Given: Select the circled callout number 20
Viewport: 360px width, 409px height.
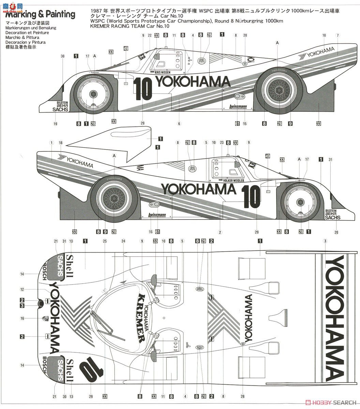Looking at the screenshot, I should pos(336,232).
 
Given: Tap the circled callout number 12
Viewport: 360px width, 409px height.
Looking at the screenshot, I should pos(22,289).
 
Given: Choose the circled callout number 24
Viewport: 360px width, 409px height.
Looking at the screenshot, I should pos(123,241).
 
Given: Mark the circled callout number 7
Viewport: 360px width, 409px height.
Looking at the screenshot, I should pos(337,35).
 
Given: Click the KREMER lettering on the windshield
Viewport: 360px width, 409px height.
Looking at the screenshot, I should pos(141,318).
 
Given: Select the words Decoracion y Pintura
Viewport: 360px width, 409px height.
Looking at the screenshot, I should pos(26,42).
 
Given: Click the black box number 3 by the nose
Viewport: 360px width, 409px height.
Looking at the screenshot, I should pos(22,306).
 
